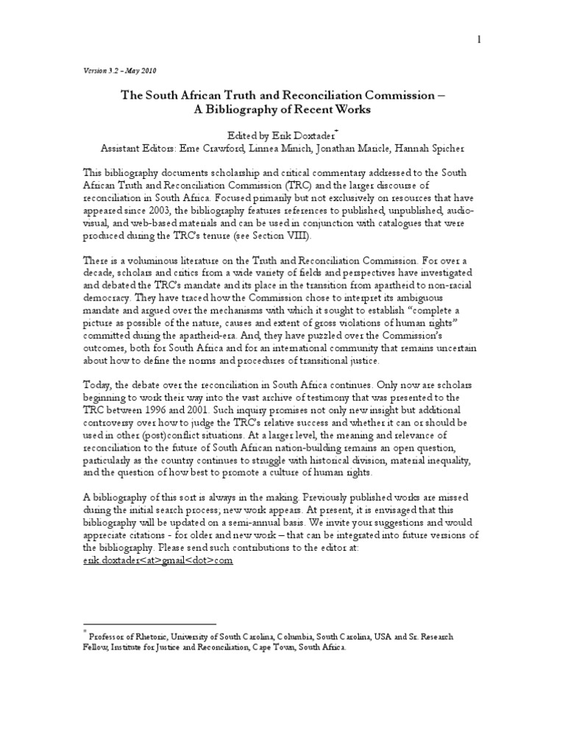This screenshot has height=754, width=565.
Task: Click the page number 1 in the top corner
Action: click(x=478, y=40)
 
